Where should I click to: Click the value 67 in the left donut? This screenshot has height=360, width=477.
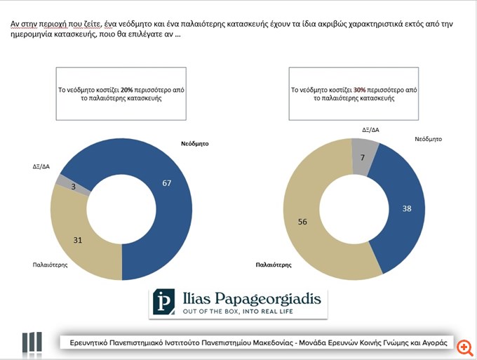166,183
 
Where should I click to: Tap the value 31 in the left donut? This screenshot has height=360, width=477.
78,239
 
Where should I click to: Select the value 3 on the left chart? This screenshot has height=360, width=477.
73,187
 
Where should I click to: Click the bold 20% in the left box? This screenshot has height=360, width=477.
126,90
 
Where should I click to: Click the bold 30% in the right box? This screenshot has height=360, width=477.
359,90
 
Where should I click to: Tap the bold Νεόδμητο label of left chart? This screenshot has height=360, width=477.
195,143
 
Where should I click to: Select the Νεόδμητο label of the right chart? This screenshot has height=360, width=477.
429,139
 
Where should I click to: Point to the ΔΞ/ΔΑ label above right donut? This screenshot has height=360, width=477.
371,130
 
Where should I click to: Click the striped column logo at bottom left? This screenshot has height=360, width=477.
31,342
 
